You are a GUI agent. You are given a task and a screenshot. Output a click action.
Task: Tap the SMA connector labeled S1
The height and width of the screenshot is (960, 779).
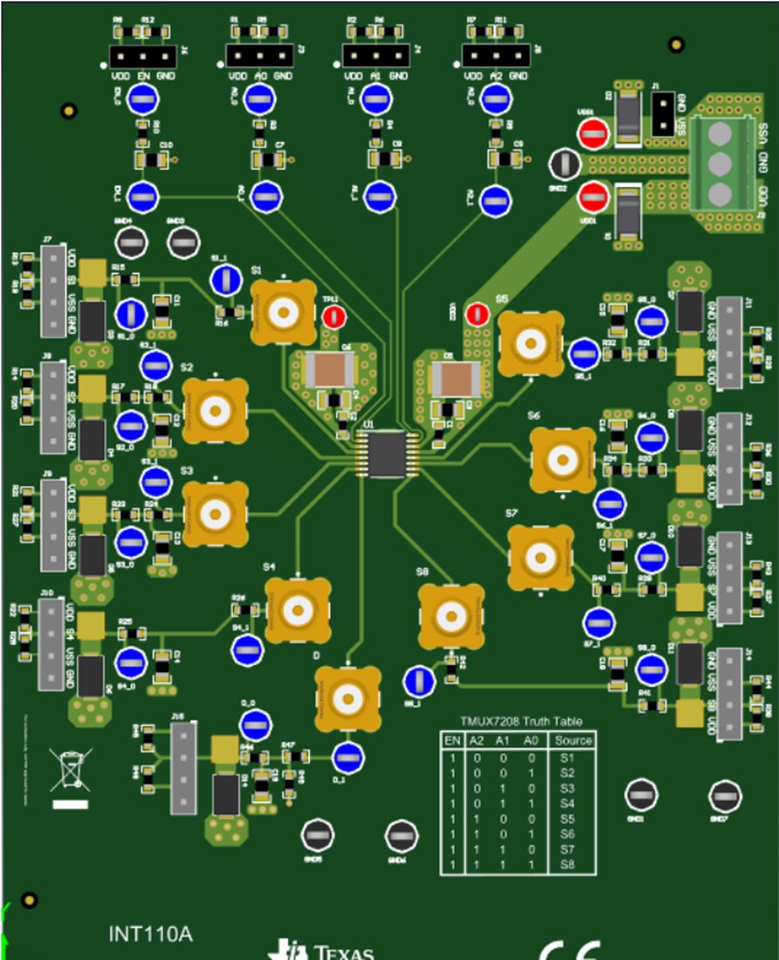click(x=284, y=312)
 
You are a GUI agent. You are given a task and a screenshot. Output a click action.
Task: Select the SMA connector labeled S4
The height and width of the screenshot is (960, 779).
click(x=298, y=609)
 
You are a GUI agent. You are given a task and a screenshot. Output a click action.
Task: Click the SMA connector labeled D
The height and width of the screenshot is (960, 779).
click(x=347, y=698)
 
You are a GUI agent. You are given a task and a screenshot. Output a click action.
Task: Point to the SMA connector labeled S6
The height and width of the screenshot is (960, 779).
click(x=563, y=459)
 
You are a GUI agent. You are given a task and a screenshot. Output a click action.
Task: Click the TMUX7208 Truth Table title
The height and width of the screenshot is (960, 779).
click(x=521, y=721)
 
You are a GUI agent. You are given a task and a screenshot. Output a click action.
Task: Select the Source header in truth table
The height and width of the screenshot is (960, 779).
click(x=573, y=740)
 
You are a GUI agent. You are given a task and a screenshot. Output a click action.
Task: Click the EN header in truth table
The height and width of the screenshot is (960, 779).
click(x=452, y=740)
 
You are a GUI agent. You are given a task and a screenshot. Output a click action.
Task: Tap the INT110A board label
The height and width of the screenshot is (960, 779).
click(x=150, y=935)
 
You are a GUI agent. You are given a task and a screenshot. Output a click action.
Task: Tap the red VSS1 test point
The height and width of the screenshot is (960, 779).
click(x=592, y=134)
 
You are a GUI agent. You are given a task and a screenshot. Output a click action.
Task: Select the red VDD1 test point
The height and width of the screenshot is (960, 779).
click(x=593, y=197)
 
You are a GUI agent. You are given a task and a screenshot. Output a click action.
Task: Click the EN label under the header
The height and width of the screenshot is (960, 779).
click(x=145, y=77)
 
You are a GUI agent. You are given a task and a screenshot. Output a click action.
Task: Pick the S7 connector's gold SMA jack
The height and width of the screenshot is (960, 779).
click(x=541, y=556)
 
